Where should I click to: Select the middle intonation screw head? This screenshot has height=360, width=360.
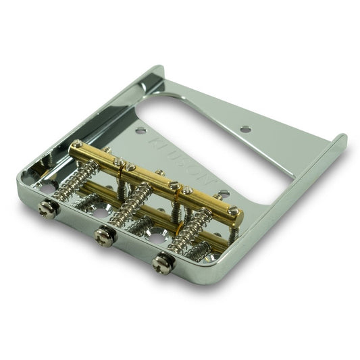[104, 237]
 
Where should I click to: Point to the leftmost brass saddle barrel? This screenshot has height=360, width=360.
[95, 156]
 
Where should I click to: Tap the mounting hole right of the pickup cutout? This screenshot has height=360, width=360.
[245, 128]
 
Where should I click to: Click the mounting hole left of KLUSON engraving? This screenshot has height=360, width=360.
[140, 130]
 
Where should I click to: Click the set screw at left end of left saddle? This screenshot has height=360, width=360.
[78, 145]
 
